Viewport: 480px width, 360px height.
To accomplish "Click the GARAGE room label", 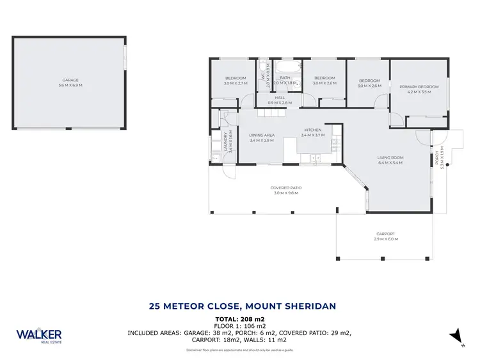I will tap(71, 80).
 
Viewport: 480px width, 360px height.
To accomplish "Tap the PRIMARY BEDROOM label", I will tap(419, 86).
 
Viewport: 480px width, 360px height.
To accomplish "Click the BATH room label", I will tap(285, 78).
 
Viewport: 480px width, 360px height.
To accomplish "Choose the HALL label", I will tap(280, 98).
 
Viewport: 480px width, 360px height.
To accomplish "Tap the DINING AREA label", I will tap(261, 135).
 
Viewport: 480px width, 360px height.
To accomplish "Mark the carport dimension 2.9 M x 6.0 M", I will tap(385, 239).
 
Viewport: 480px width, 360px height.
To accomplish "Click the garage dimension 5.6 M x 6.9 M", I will tap(71, 85).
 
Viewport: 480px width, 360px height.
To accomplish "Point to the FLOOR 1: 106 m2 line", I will tap(239, 325).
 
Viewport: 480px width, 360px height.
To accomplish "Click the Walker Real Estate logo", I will tap(39, 336).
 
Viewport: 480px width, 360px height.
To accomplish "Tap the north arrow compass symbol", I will tap(455, 335).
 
